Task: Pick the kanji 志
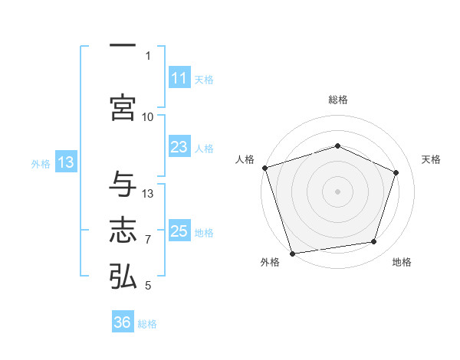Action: [x=123, y=231]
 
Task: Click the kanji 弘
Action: [x=123, y=276]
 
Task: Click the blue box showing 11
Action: [x=179, y=78]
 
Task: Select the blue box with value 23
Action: [x=179, y=147]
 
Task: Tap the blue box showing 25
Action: [x=179, y=231]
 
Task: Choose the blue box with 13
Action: [x=65, y=162]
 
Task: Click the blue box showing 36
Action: [x=123, y=322]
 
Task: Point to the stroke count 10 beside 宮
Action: [x=148, y=116]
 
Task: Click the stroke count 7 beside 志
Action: [x=148, y=240]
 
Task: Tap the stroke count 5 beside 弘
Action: [x=148, y=286]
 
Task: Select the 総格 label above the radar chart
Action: [x=337, y=100]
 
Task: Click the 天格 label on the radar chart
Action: [x=431, y=159]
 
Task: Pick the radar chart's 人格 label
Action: [x=244, y=159]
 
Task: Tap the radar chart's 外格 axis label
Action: [x=269, y=263]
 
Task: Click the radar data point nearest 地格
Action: [x=374, y=242]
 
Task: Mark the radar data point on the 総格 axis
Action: [x=337, y=146]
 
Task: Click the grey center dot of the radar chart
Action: [x=337, y=191]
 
